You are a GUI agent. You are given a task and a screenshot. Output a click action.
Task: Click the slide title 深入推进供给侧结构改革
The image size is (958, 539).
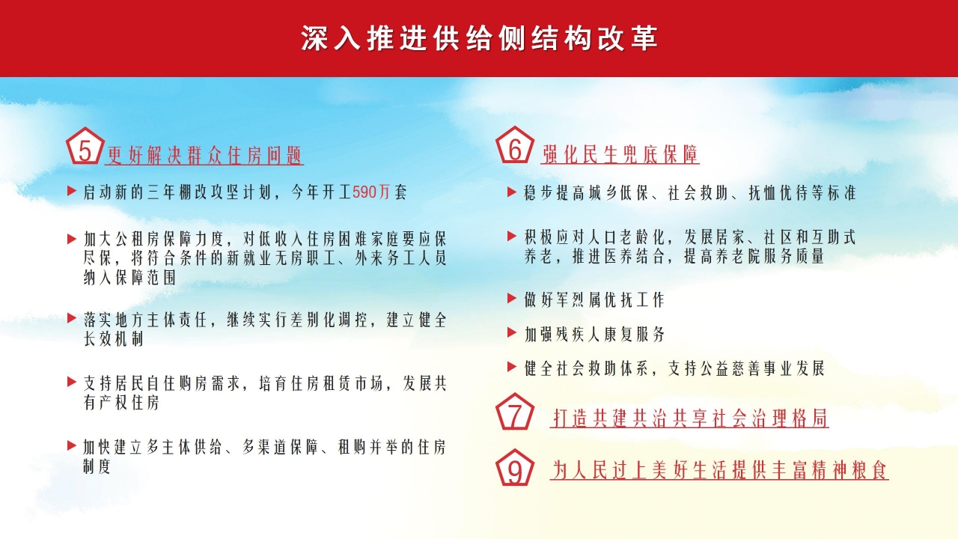479,39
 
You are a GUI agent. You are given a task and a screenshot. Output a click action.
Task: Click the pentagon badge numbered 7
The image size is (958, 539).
515,413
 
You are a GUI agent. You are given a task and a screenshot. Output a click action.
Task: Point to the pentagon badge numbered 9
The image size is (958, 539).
515,469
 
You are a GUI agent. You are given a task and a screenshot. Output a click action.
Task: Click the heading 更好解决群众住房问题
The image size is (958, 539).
204,156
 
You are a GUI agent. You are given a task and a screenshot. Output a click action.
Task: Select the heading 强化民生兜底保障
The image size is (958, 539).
620,154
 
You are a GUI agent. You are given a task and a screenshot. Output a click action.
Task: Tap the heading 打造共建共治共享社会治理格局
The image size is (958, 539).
689,418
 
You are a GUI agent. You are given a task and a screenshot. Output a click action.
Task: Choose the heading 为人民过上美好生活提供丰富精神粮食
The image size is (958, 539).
719,470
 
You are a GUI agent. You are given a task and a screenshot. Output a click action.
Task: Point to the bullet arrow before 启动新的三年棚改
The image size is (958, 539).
71,192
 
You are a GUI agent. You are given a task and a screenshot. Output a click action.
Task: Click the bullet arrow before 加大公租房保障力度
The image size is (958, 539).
71,239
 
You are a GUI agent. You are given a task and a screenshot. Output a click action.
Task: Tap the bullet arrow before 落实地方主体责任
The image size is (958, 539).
71,318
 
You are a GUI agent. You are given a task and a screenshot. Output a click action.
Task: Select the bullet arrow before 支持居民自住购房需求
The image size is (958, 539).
71,382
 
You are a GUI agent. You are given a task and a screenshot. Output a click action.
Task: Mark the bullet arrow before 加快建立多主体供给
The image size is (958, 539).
71,445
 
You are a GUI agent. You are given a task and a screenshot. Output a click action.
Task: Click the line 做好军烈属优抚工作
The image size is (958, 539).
594,300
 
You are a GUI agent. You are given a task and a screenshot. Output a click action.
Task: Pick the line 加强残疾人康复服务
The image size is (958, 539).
594,334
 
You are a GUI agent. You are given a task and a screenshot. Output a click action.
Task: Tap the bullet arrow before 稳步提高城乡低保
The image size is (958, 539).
512,192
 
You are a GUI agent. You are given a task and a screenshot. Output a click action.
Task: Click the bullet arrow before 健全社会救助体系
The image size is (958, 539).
512,367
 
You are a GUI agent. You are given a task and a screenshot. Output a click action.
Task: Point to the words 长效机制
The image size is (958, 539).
113,339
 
